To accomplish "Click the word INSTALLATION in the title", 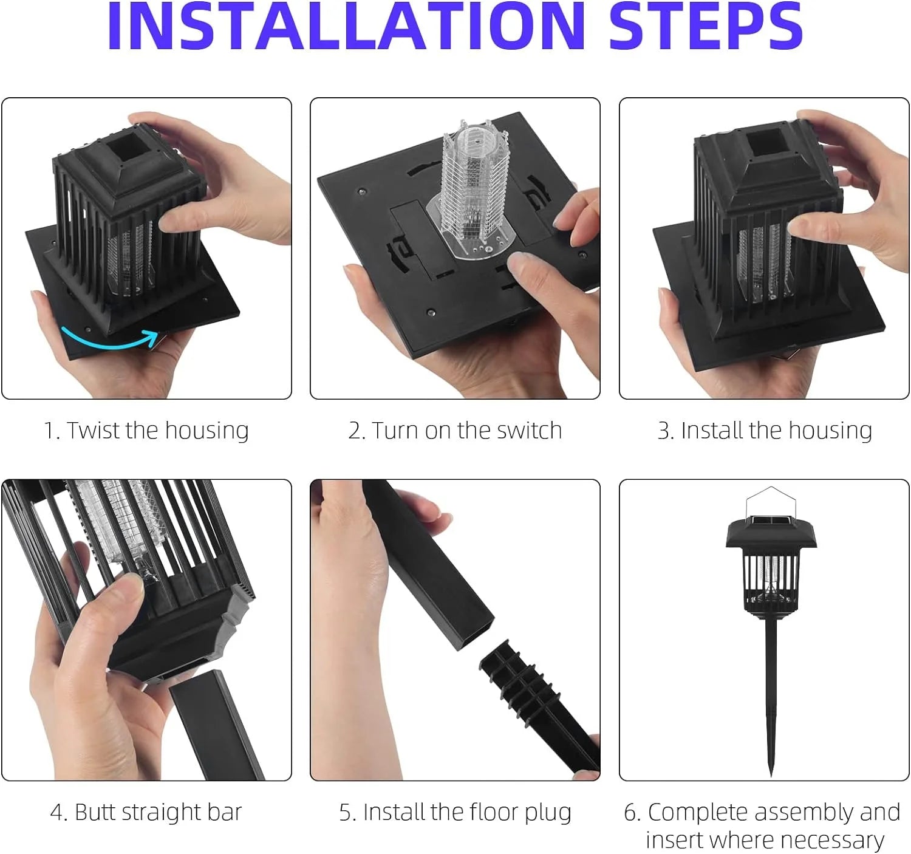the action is tap(346, 26).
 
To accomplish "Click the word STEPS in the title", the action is tap(706, 26).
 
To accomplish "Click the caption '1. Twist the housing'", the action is tap(146, 431).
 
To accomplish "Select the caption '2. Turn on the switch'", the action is tap(455, 431).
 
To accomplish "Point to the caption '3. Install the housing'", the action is tap(765, 431).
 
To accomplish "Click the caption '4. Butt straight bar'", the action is tap(146, 811).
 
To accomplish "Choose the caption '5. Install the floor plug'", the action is tap(455, 813).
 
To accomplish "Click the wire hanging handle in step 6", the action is tap(771, 502).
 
